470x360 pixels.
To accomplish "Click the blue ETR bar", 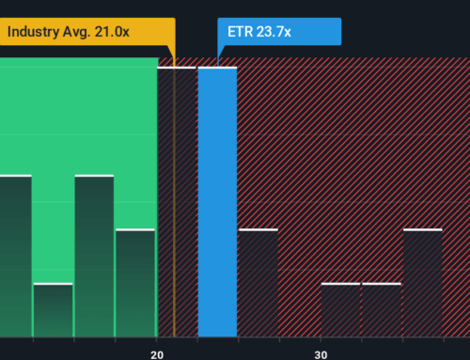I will [x=217, y=202].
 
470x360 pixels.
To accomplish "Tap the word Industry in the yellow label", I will [x=36, y=32].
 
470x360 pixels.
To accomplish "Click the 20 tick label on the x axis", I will [x=157, y=353].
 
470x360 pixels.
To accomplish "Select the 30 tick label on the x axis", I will [x=321, y=353].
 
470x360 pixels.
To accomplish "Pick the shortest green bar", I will [x=53, y=309].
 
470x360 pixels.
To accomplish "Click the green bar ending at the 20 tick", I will [x=135, y=282].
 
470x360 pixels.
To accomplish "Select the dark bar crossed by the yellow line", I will [x=176, y=202].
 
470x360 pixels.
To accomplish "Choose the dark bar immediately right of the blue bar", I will [x=258, y=282].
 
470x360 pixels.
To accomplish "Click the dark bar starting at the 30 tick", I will [x=340, y=309].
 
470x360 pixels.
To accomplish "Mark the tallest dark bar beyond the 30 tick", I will [x=422, y=282].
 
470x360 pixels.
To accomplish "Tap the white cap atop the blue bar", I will [x=217, y=68].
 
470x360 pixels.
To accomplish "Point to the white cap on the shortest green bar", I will [x=53, y=283].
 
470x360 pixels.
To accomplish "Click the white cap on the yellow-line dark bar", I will [x=176, y=68].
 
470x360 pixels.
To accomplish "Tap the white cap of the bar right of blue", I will [x=258, y=229].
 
